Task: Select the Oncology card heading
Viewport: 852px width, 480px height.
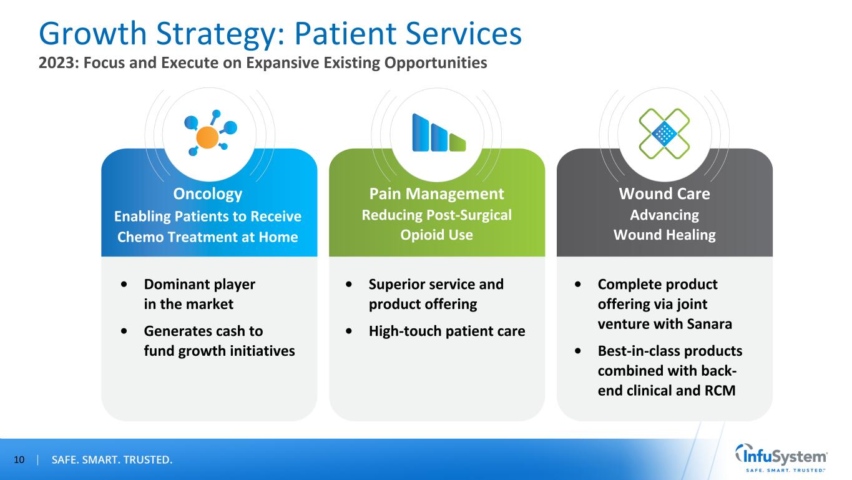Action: (208, 194)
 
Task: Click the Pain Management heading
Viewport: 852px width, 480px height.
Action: (436, 193)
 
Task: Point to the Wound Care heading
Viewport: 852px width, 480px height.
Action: (664, 194)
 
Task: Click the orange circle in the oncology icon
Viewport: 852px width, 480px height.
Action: (207, 137)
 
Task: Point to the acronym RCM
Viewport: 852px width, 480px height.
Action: (722, 391)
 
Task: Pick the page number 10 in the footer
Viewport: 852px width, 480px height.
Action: (19, 461)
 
